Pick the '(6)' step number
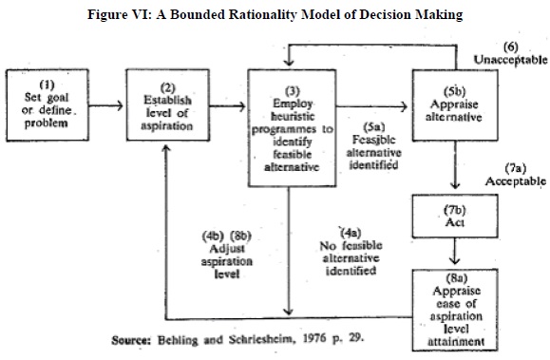[x=511, y=46]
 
